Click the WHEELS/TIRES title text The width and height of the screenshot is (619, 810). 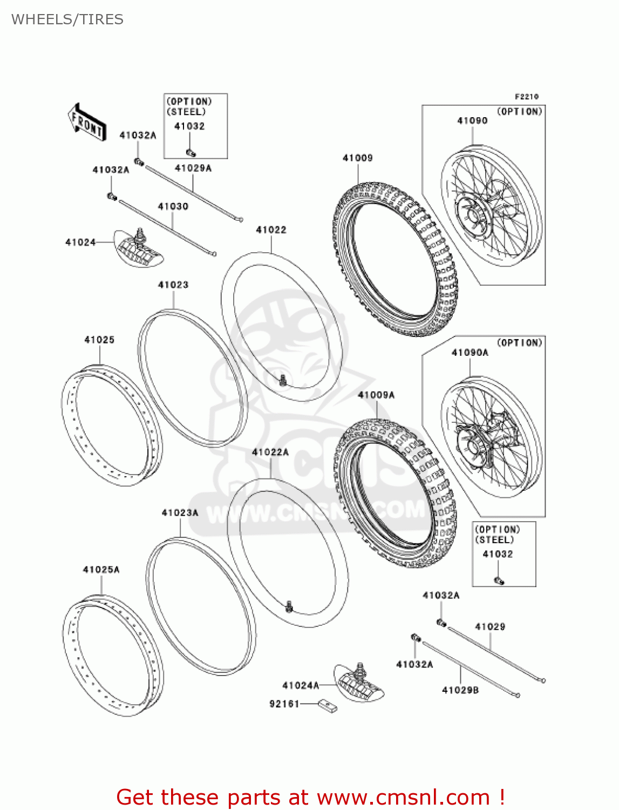[67, 19]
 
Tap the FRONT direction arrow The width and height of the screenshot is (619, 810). [86, 122]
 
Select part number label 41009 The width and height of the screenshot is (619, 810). [357, 158]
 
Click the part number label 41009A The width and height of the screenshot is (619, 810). [376, 395]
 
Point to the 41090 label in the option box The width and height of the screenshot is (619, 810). [472, 120]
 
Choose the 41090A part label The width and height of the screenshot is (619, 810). [470, 353]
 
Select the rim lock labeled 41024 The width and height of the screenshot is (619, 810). [139, 247]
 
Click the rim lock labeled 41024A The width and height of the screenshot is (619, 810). [359, 683]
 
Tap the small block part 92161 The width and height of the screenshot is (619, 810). [328, 705]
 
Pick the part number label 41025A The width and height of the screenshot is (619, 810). [101, 570]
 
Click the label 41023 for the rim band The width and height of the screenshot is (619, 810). [173, 285]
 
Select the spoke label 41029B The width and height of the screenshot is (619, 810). [460, 690]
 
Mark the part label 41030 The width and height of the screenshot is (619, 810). [173, 206]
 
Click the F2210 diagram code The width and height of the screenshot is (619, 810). [526, 97]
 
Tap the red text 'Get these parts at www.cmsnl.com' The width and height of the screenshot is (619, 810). [310, 797]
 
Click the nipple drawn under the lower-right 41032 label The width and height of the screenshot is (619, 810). [499, 580]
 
